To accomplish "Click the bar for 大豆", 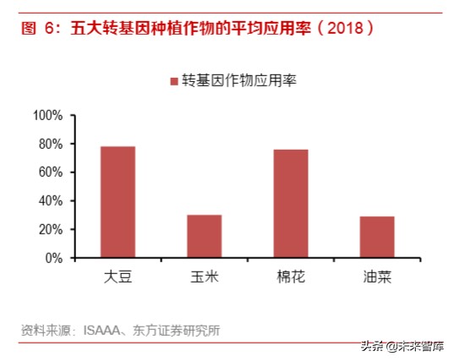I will [118, 202].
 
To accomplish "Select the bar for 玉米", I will [204, 236].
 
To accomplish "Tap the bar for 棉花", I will [290, 203].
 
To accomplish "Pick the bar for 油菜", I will [376, 237].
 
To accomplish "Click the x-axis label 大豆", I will [118, 277].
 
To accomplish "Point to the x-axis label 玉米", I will [204, 277].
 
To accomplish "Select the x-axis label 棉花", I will [290, 277].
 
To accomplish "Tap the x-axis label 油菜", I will [376, 277].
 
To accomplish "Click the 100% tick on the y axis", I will [48, 115].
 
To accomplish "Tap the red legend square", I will [174, 81].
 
